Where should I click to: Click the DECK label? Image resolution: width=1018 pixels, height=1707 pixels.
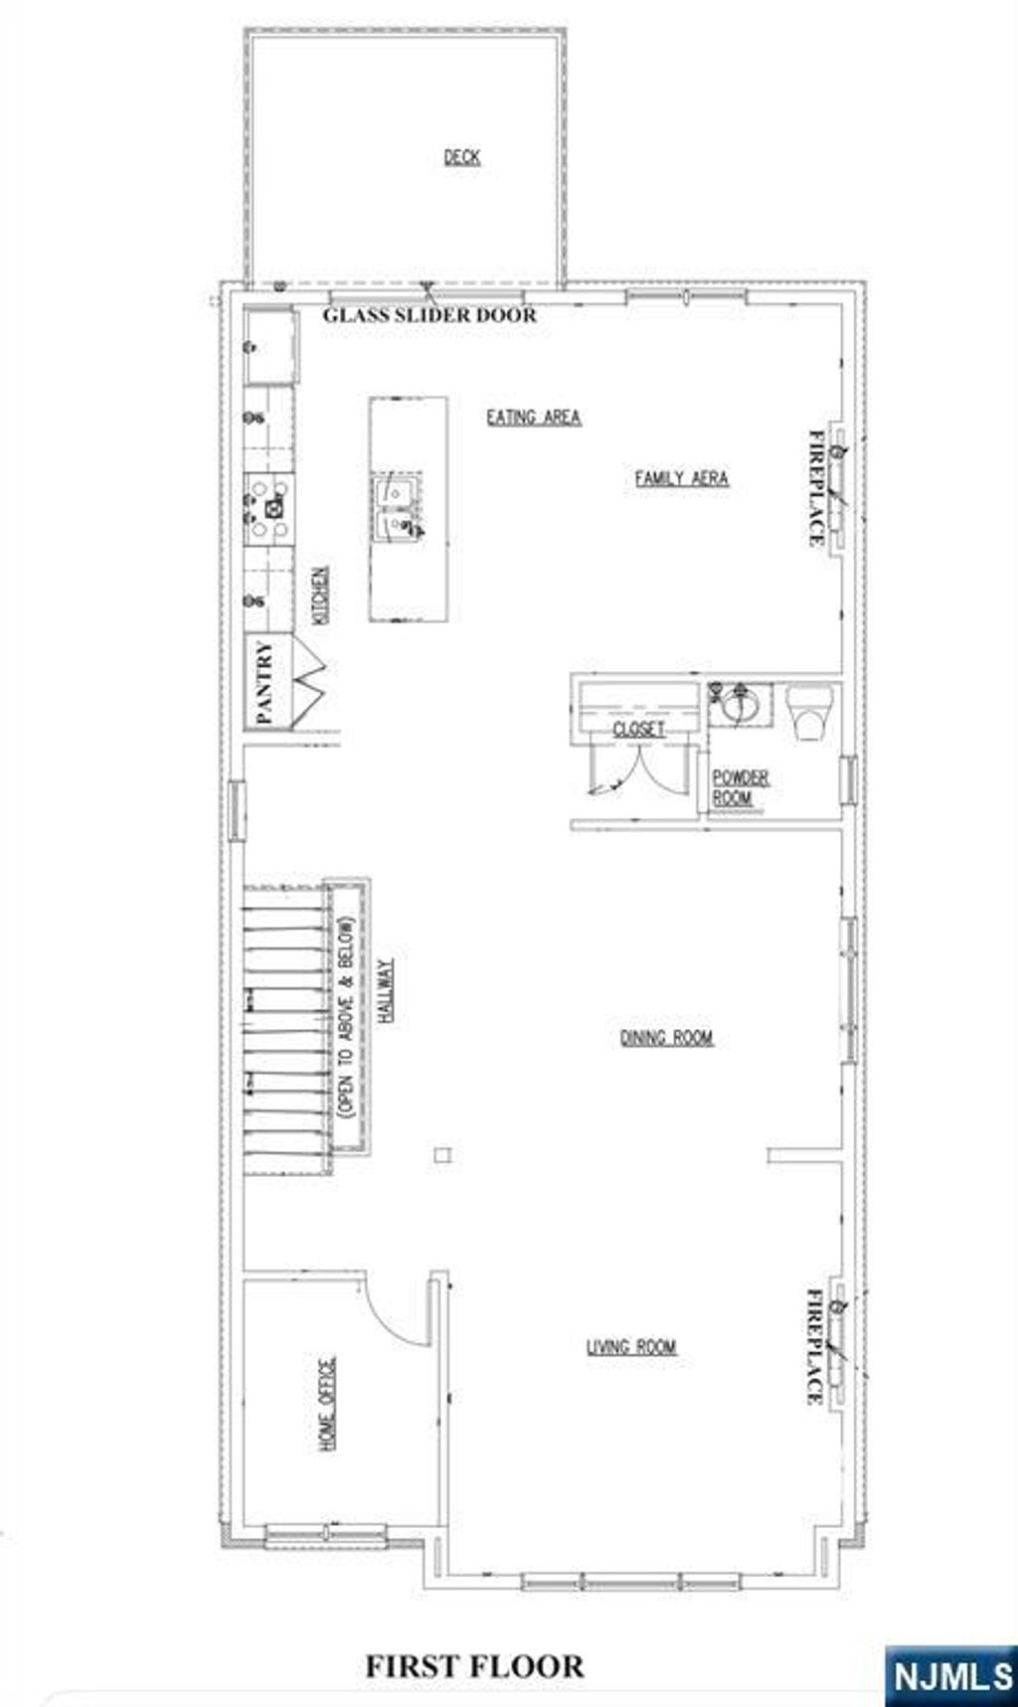(461, 157)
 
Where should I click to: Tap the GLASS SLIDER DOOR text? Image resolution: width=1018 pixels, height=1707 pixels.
(429, 315)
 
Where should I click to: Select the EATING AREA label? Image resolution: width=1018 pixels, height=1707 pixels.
(533, 418)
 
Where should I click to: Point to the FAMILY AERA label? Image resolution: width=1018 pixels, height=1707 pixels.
(681, 478)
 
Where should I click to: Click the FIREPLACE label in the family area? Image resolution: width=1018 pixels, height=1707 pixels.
(816, 487)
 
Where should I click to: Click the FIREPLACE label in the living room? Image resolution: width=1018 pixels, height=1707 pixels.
(814, 1346)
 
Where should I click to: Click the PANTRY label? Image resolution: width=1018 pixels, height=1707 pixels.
(264, 682)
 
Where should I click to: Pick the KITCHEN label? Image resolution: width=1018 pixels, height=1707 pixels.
(320, 595)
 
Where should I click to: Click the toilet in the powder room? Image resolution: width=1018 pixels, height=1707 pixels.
(808, 712)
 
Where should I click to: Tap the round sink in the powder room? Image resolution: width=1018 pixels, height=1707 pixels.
(740, 706)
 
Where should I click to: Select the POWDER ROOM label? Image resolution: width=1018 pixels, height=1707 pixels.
(740, 787)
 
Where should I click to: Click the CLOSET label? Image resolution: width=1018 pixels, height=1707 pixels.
(638, 730)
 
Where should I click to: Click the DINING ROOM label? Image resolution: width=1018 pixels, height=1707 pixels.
(666, 1038)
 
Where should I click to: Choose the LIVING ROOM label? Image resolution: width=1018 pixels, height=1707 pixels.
(631, 1347)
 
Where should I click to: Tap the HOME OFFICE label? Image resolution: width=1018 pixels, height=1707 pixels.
(327, 1403)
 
